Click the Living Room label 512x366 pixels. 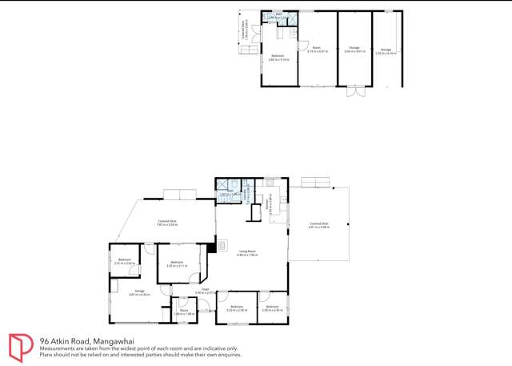(x=246, y=253)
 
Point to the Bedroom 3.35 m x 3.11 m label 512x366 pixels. (x=177, y=263)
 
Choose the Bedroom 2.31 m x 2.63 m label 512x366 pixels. (x=124, y=260)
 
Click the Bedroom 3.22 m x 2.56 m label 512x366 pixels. (x=237, y=308)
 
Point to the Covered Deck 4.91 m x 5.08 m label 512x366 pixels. (x=318, y=227)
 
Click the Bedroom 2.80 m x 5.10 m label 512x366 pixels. (x=276, y=57)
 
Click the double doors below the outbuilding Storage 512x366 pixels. (x=353, y=92)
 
